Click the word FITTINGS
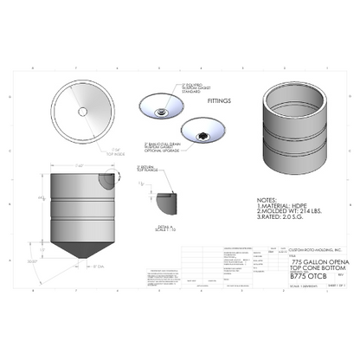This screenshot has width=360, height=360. point(220,101)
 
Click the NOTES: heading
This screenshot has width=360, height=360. point(271,198)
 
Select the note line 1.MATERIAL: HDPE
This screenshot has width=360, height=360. point(286,205)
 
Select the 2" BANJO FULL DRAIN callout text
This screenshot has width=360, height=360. point(161,149)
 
